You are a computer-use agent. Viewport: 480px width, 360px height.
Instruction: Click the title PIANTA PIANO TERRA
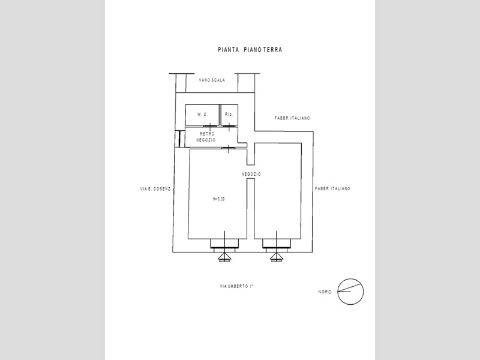click(250, 50)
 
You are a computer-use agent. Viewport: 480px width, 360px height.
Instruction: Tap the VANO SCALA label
click(212, 80)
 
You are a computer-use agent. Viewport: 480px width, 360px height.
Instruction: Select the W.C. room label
click(202, 115)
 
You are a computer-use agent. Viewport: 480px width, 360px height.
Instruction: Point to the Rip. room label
click(229, 115)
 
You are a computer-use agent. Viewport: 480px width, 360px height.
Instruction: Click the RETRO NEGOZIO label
click(206, 137)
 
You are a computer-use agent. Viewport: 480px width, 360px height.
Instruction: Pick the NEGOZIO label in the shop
click(251, 174)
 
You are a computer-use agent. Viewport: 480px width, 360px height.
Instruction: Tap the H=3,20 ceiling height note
click(218, 199)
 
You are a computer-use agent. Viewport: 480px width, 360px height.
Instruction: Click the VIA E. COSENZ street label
click(155, 189)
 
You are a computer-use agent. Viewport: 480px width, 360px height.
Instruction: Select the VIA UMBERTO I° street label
click(236, 287)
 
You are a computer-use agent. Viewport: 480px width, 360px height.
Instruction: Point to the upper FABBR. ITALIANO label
click(292, 118)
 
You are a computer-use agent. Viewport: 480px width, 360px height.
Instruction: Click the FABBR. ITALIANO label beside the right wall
click(332, 189)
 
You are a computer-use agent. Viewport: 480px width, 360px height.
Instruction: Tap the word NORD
click(325, 292)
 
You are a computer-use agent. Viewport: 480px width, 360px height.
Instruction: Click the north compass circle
click(350, 278)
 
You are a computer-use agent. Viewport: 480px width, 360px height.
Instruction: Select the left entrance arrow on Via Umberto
click(224, 258)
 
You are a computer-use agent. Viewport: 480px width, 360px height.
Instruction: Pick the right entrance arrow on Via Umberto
click(277, 258)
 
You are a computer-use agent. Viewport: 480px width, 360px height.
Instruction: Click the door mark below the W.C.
click(210, 126)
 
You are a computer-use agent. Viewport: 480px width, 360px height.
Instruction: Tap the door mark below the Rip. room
click(229, 126)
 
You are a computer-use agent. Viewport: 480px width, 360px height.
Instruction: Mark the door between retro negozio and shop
click(228, 148)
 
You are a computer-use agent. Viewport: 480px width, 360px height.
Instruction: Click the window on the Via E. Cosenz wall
click(179, 139)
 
